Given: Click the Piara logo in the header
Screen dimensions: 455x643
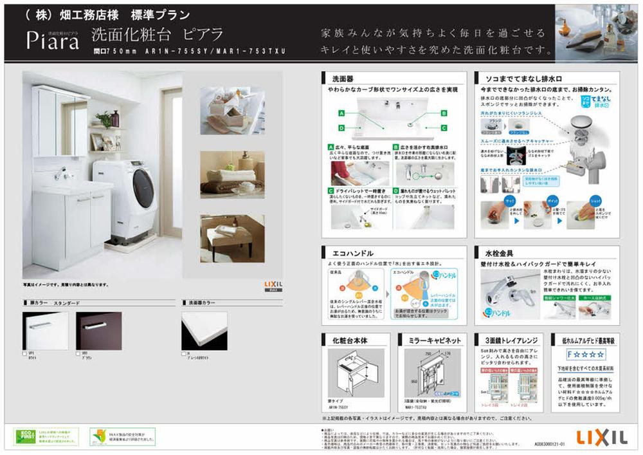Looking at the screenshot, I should [53, 41].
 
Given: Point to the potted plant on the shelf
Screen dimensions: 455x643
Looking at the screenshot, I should [104, 119].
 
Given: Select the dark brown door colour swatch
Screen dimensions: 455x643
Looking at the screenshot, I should [98, 331].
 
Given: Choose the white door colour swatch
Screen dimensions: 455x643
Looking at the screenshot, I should [45, 331].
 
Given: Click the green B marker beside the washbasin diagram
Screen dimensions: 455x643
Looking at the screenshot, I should [444, 113].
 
